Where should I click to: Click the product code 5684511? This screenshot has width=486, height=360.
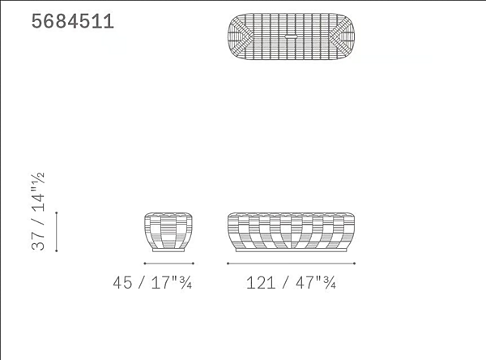73,22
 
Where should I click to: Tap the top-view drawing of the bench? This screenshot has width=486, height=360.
291,36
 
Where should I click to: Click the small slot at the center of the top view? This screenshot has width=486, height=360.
291,36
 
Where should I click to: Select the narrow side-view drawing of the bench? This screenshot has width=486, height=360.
168,232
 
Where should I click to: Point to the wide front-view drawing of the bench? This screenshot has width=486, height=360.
291,232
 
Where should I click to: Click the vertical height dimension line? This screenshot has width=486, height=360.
57,232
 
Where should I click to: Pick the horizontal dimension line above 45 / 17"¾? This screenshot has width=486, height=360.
169,264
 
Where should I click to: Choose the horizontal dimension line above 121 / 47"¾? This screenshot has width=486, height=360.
291,264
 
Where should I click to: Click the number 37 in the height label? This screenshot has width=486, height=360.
38,241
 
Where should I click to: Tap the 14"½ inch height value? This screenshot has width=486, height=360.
38,192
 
